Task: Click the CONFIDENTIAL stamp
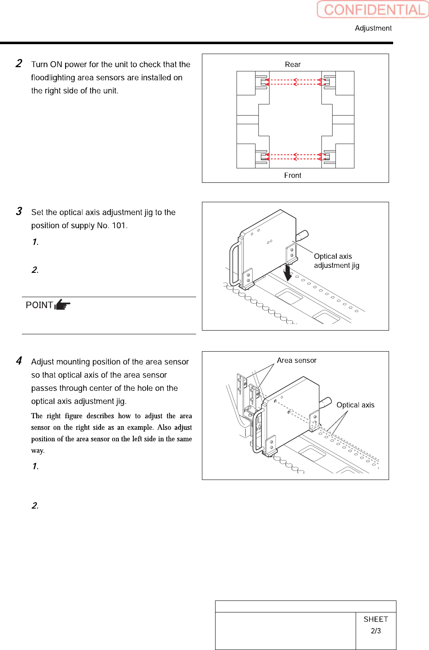[x=373, y=9]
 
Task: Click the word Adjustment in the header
[x=373, y=28]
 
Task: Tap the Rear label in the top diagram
[x=293, y=64]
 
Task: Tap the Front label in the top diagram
[x=293, y=175]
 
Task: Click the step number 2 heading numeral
[x=19, y=64]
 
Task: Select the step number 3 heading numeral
[x=19, y=211]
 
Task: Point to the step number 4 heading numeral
[x=19, y=361]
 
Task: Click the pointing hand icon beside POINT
[x=63, y=305]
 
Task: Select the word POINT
[x=39, y=305]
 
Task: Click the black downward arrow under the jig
[x=288, y=273]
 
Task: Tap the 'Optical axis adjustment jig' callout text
[x=336, y=261]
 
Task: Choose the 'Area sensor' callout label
[x=297, y=360]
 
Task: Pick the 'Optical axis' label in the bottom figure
[x=355, y=405]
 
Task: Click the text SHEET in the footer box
[x=376, y=619]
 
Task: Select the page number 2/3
[x=376, y=631]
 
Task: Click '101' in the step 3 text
[x=119, y=225]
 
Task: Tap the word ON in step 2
[x=56, y=64]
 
